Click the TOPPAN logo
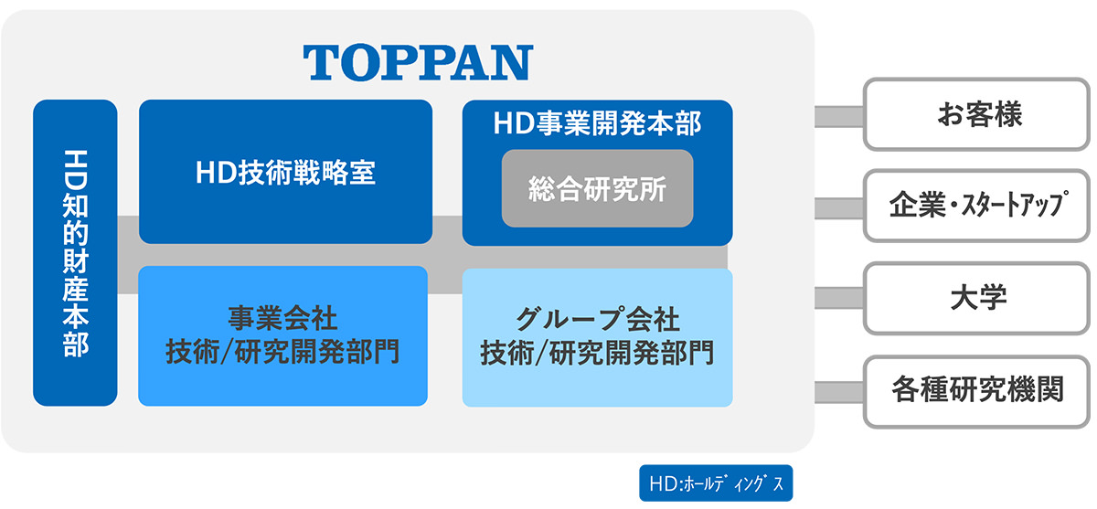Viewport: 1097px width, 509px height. pyautogui.click(x=418, y=62)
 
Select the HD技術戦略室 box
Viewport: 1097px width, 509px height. pyautogui.click(x=285, y=172)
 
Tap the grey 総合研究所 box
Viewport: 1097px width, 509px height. pyautogui.click(x=598, y=188)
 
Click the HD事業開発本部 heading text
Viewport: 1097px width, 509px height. pyautogui.click(x=598, y=123)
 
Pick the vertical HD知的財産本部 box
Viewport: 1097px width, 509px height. pyautogui.click(x=75, y=252)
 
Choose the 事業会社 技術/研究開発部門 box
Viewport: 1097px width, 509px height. pyautogui.click(x=283, y=335)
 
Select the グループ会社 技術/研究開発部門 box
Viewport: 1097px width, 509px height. pyautogui.click(x=598, y=337)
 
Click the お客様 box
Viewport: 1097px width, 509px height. pyautogui.click(x=977, y=114)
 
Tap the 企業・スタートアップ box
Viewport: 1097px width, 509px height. pyautogui.click(x=977, y=206)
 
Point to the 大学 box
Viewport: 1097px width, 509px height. pyautogui.click(x=977, y=298)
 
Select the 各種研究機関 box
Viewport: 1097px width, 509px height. pyautogui.click(x=977, y=391)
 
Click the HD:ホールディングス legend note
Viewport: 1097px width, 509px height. pyautogui.click(x=716, y=483)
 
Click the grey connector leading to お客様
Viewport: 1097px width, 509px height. pyautogui.click(x=839, y=116)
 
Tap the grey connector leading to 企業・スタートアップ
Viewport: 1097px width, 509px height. pyautogui.click(x=839, y=208)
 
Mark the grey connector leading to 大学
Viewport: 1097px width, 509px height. pyautogui.click(x=839, y=298)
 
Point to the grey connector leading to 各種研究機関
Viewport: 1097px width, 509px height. pyautogui.click(x=839, y=393)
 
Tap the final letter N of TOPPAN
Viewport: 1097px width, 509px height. pyautogui.click(x=513, y=62)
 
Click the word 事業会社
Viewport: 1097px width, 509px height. pyautogui.click(x=282, y=318)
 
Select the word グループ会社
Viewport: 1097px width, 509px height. pyautogui.click(x=598, y=319)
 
